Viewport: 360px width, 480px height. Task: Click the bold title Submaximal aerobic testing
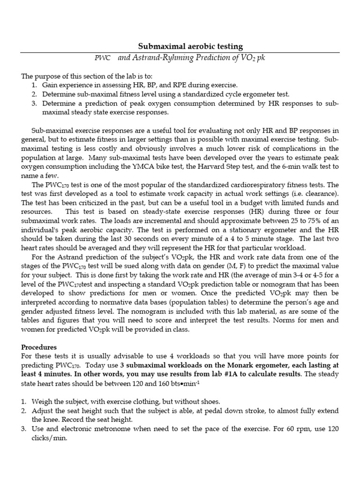click(x=190, y=46)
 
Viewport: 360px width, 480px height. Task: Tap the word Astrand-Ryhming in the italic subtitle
click(x=163, y=57)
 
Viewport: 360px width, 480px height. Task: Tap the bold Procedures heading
click(x=39, y=347)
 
